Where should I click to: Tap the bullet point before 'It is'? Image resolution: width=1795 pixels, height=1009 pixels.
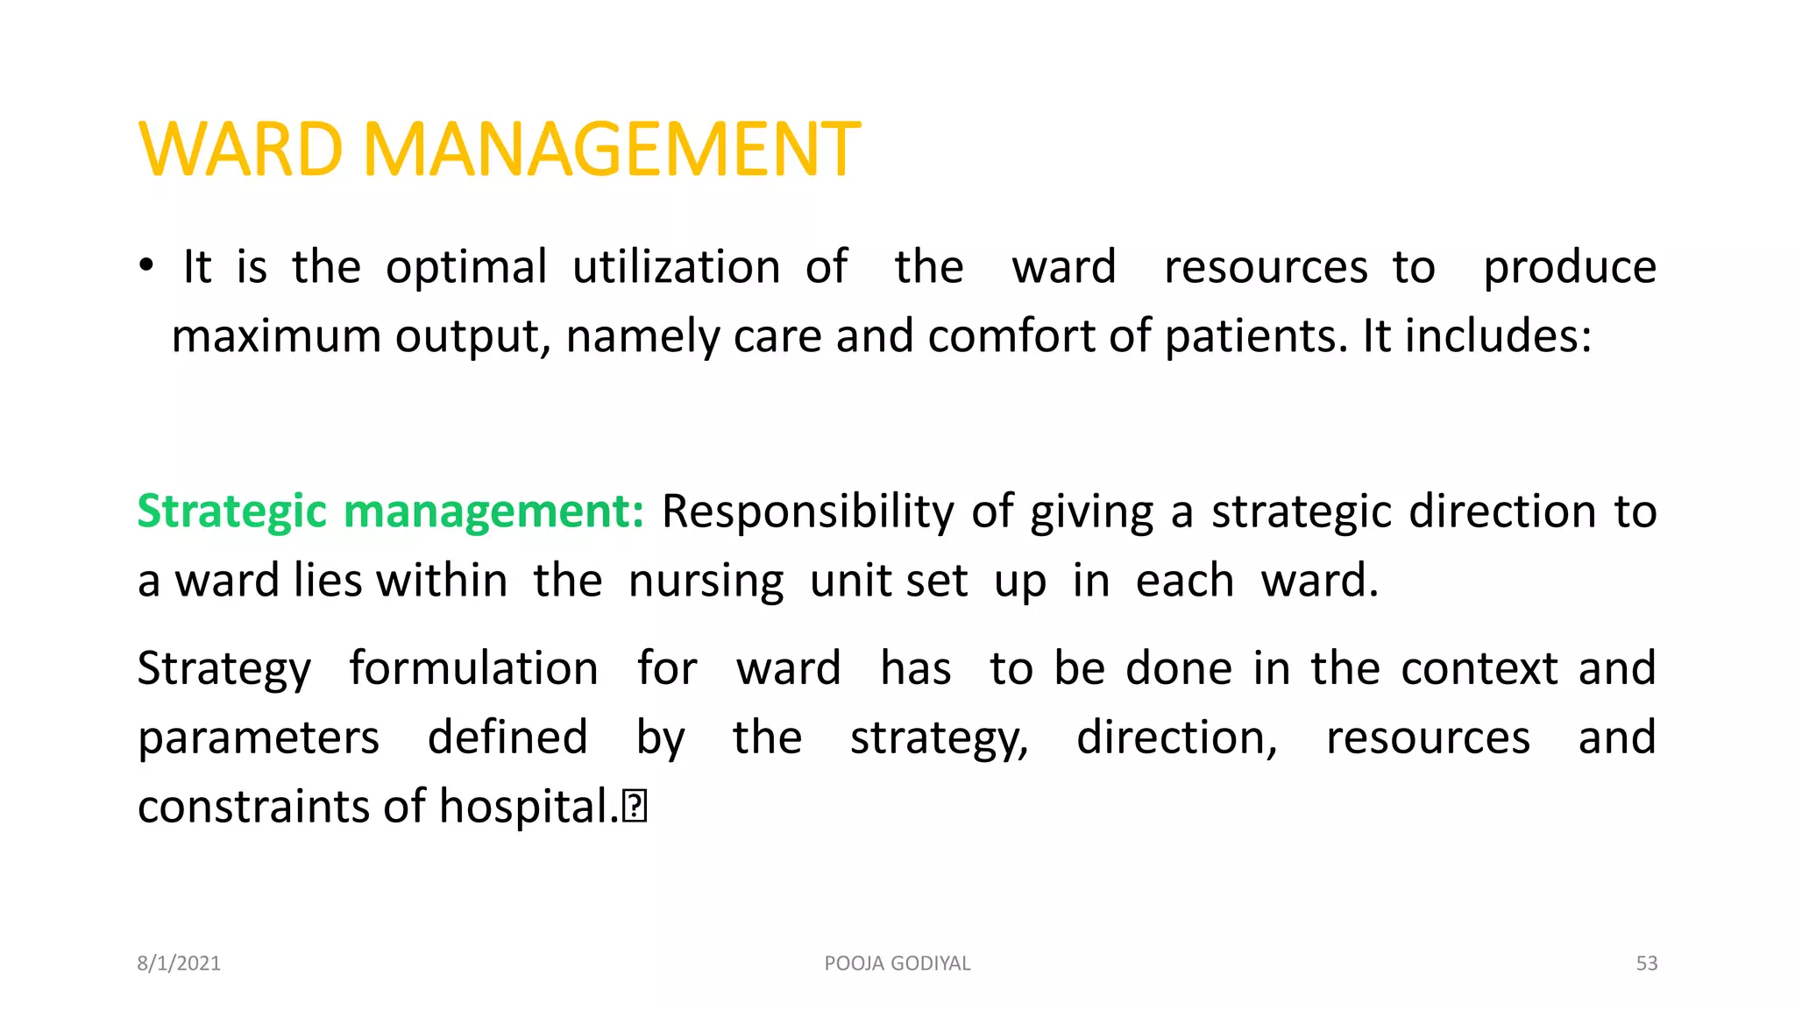146,265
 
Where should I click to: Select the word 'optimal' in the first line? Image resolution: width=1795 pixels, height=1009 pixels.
466,268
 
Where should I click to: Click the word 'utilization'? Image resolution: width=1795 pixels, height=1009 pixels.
676,266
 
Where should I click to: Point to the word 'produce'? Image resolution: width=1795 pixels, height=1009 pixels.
1569,268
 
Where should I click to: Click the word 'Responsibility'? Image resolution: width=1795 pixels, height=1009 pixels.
807,512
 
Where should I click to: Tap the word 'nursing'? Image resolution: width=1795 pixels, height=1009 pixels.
706,582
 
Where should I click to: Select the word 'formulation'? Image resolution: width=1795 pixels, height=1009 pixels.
473,669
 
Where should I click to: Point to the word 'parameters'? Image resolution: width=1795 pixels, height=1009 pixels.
259,738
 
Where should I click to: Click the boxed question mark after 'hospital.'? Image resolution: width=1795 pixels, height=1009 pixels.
635,807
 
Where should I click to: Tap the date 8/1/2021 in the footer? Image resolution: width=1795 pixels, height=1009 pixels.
179,963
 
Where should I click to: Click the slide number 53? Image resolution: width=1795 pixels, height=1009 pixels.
1646,963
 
